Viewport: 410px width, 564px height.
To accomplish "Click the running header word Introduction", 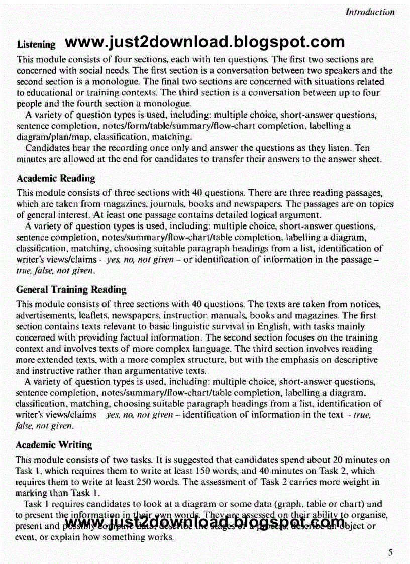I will click(370, 12).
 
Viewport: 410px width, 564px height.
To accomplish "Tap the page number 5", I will click(390, 553).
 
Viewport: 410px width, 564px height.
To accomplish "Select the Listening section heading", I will click(36, 44).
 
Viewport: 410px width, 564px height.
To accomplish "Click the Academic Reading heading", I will click(55, 178).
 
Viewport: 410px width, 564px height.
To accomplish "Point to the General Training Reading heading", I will click(71, 290).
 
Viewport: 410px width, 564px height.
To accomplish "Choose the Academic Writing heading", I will click(54, 445).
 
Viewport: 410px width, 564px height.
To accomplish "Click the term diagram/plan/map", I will click(47, 137).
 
